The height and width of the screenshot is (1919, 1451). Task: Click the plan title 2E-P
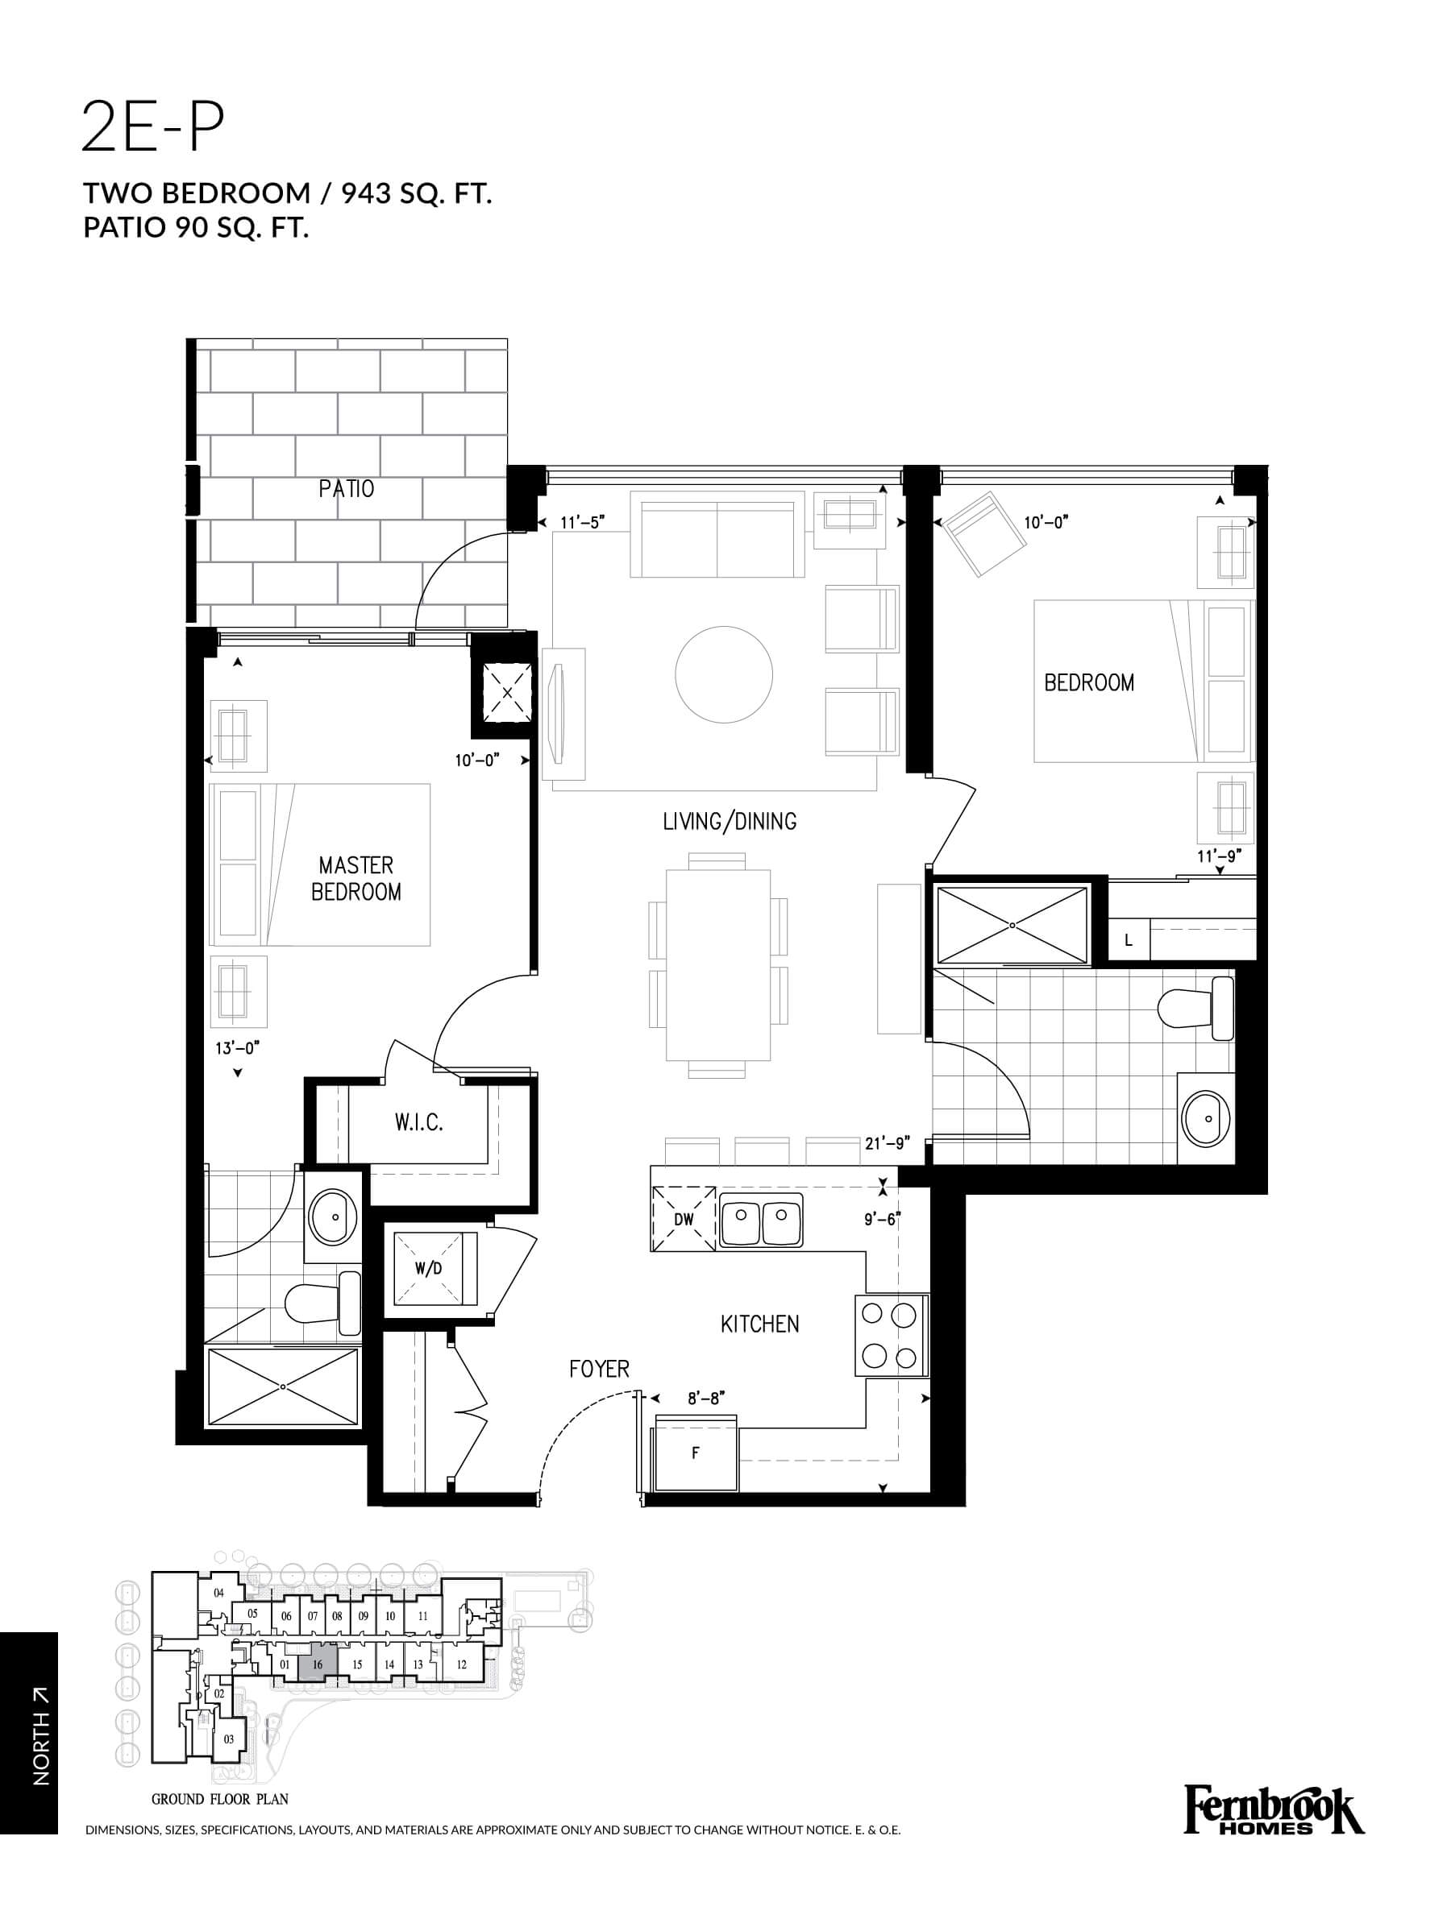coord(152,126)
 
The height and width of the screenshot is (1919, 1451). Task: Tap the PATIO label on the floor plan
coord(347,488)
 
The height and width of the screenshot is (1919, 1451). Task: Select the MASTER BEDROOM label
coord(355,878)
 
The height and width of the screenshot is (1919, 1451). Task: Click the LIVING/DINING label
coord(729,821)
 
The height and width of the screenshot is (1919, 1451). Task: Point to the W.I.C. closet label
coord(419,1122)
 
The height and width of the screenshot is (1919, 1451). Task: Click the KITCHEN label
coord(759,1324)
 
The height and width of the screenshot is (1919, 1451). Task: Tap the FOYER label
coord(599,1369)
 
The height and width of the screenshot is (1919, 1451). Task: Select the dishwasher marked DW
coord(684,1219)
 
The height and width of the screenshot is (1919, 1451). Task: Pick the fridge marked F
coord(696,1452)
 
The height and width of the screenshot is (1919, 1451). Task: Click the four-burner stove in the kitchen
coord(892,1335)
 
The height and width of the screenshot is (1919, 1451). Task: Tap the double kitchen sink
coord(760,1220)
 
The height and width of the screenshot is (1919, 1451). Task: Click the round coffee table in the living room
coord(724,674)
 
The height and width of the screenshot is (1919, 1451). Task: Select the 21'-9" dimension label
coord(884,1143)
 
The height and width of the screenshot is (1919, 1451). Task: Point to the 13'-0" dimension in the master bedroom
coord(237,1048)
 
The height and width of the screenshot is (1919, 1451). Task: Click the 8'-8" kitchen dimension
coord(705,1398)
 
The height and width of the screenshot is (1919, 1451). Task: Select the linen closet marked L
coord(1129,939)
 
